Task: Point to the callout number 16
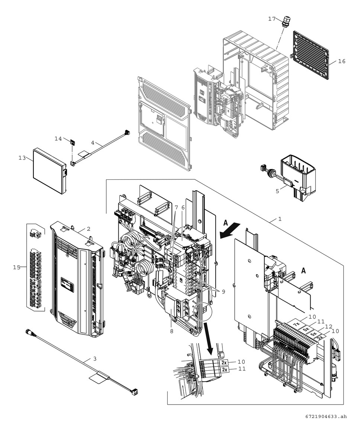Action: (x=341, y=61)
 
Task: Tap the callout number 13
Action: (x=22, y=158)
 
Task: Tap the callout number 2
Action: (x=89, y=229)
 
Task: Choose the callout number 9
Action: (x=223, y=292)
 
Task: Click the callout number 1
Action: (x=280, y=220)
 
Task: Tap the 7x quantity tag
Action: (x=296, y=324)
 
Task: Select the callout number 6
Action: (x=183, y=207)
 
